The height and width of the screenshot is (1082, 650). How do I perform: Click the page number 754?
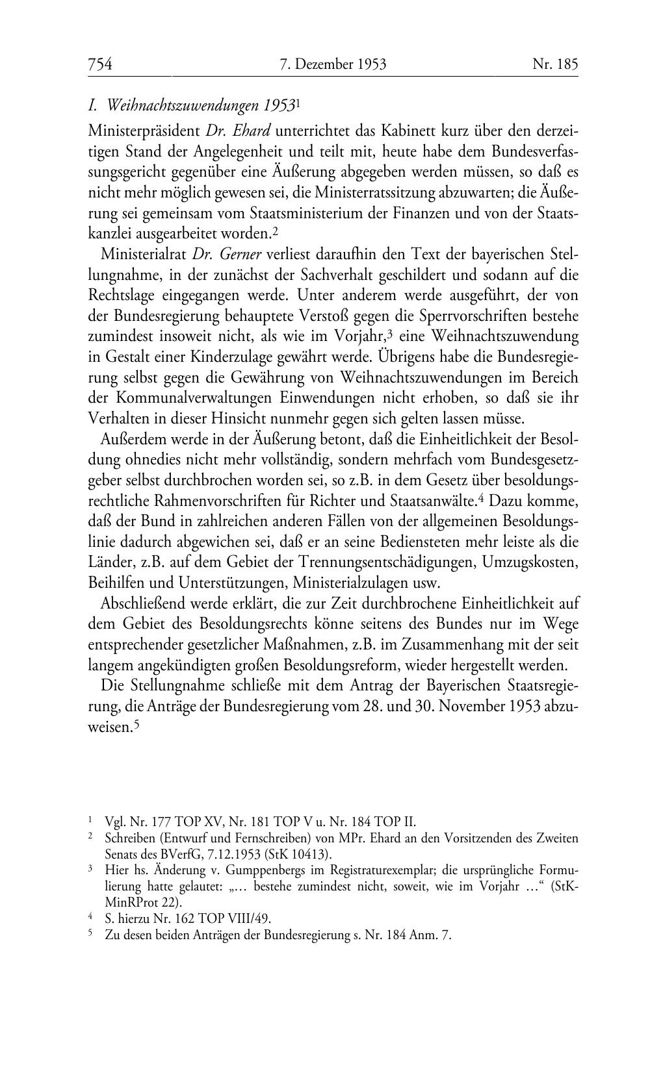click(x=101, y=64)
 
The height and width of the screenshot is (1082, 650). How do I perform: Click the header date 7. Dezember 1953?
click(x=333, y=64)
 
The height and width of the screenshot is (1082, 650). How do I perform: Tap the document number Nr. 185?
click(x=554, y=64)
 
